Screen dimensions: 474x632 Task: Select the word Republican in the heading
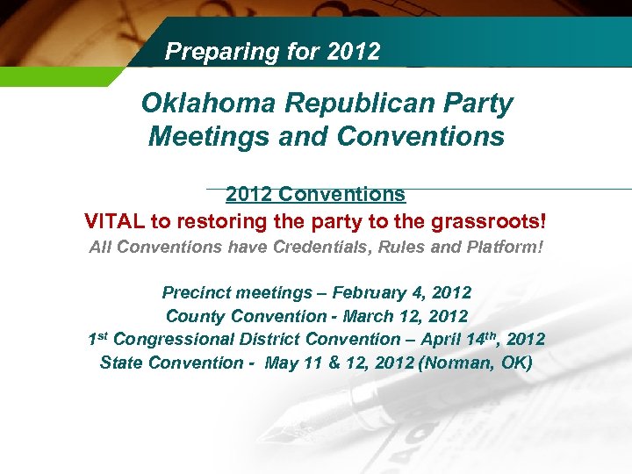348,104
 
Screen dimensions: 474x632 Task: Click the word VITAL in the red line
114,219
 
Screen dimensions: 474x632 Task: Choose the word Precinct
192,292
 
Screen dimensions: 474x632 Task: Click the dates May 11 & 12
321,363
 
